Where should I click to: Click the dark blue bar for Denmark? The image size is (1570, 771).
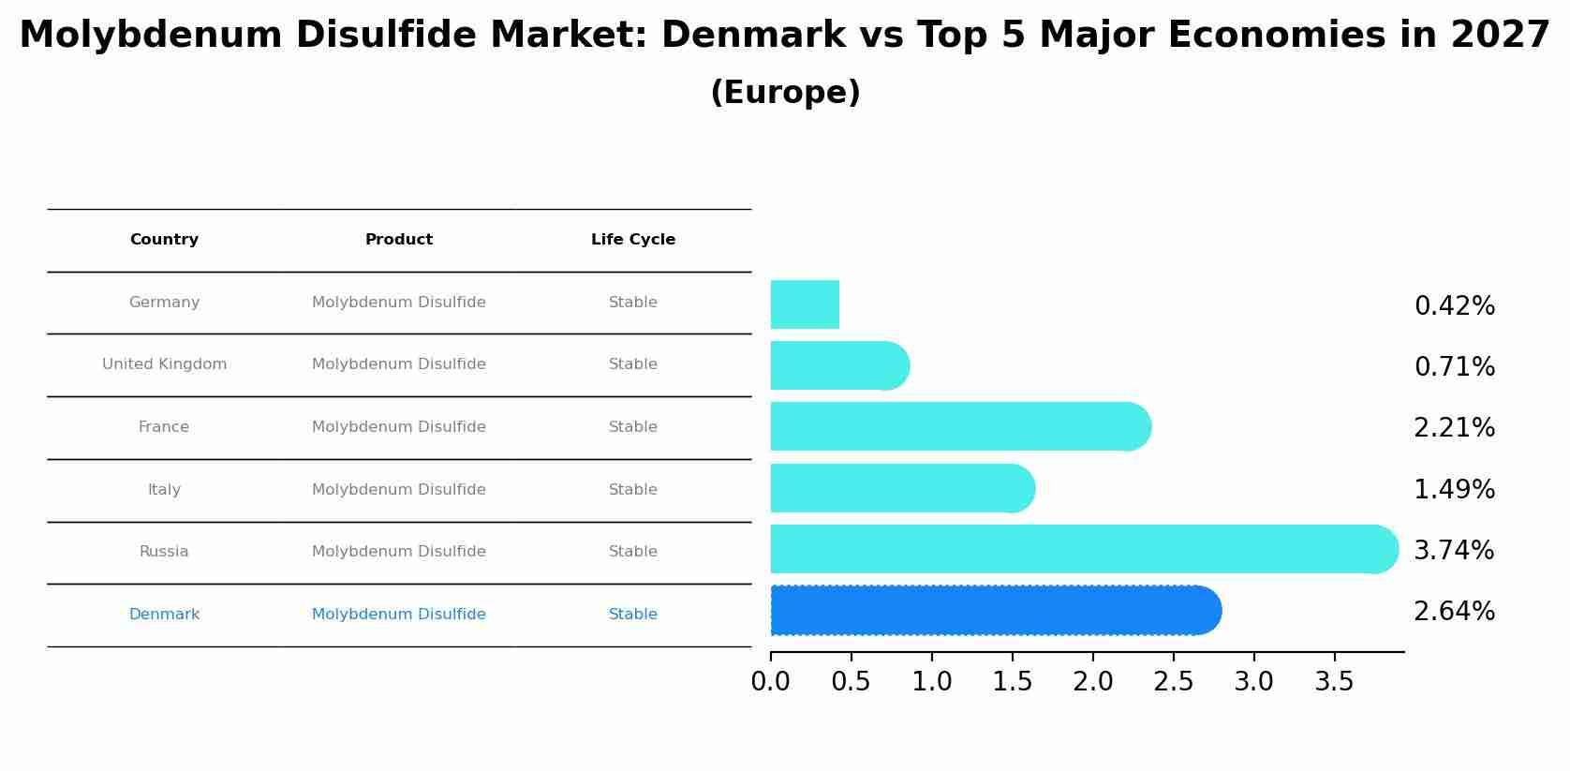point(993,610)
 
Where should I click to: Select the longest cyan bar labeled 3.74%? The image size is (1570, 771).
point(1077,549)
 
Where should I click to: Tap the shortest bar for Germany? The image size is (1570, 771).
point(805,304)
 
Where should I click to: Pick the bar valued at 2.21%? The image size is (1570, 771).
point(955,426)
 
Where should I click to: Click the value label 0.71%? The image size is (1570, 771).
point(1454,367)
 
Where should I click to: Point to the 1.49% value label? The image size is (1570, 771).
point(1454,489)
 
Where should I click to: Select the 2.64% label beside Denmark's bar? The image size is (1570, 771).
point(1454,612)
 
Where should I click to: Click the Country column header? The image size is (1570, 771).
point(164,240)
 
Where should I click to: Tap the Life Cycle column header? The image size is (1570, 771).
point(633,240)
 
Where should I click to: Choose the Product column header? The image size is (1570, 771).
point(399,240)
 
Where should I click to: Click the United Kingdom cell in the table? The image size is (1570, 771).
point(164,364)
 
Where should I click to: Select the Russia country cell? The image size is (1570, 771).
point(164,552)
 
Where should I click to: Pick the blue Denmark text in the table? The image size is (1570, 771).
point(164,615)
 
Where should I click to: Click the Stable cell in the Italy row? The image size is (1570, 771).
point(633,490)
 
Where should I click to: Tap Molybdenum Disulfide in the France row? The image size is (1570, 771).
point(399,427)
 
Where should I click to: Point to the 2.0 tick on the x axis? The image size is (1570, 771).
point(1092,682)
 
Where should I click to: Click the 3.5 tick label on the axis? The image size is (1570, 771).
point(1334,682)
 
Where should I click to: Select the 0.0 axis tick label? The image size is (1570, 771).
point(770,682)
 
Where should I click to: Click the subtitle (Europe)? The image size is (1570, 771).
point(785,93)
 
